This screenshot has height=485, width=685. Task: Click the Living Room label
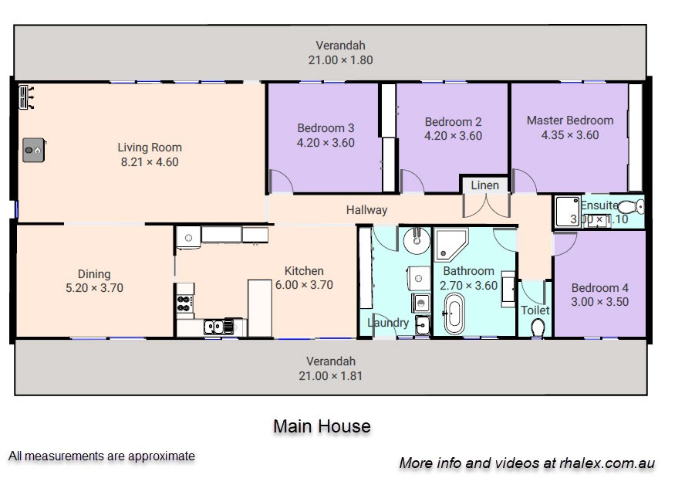click(x=150, y=148)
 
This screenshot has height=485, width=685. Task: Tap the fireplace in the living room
click(x=34, y=150)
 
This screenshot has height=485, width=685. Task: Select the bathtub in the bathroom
click(x=454, y=313)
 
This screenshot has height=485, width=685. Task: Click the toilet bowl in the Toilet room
click(x=538, y=327)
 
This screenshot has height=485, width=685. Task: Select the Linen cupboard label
click(x=485, y=185)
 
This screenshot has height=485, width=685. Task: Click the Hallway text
click(x=366, y=210)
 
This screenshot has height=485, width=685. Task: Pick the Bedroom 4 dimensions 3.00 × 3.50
click(x=600, y=302)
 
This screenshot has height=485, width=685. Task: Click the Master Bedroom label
click(x=569, y=120)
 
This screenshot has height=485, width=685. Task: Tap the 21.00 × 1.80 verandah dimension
click(x=341, y=60)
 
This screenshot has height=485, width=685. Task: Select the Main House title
click(x=322, y=426)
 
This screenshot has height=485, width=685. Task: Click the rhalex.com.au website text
click(x=607, y=463)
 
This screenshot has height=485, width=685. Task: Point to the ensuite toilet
click(x=631, y=206)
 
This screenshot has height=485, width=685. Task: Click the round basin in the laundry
click(x=417, y=239)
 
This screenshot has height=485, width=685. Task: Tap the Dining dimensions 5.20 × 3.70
click(x=94, y=288)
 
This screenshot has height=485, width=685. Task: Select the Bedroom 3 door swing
click(x=281, y=181)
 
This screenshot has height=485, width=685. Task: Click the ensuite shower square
click(x=567, y=212)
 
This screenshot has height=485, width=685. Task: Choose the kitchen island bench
click(x=259, y=308)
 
